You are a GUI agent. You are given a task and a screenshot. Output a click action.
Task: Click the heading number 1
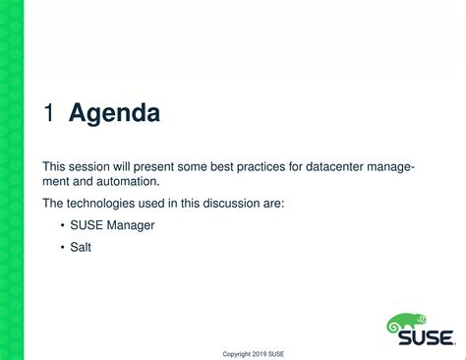[x=48, y=114]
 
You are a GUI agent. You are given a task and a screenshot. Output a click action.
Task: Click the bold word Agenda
[x=114, y=114]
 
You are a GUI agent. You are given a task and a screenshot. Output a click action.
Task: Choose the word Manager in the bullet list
[x=131, y=225]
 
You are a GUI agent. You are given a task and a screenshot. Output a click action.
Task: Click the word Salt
[x=81, y=247]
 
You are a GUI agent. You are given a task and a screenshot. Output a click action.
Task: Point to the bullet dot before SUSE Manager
[x=62, y=225]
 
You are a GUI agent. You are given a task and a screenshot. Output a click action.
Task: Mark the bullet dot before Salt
[x=62, y=247]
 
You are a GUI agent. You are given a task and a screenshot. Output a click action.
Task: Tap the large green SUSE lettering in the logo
[x=425, y=337]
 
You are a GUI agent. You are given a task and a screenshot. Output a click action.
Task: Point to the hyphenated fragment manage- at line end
[x=390, y=166]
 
